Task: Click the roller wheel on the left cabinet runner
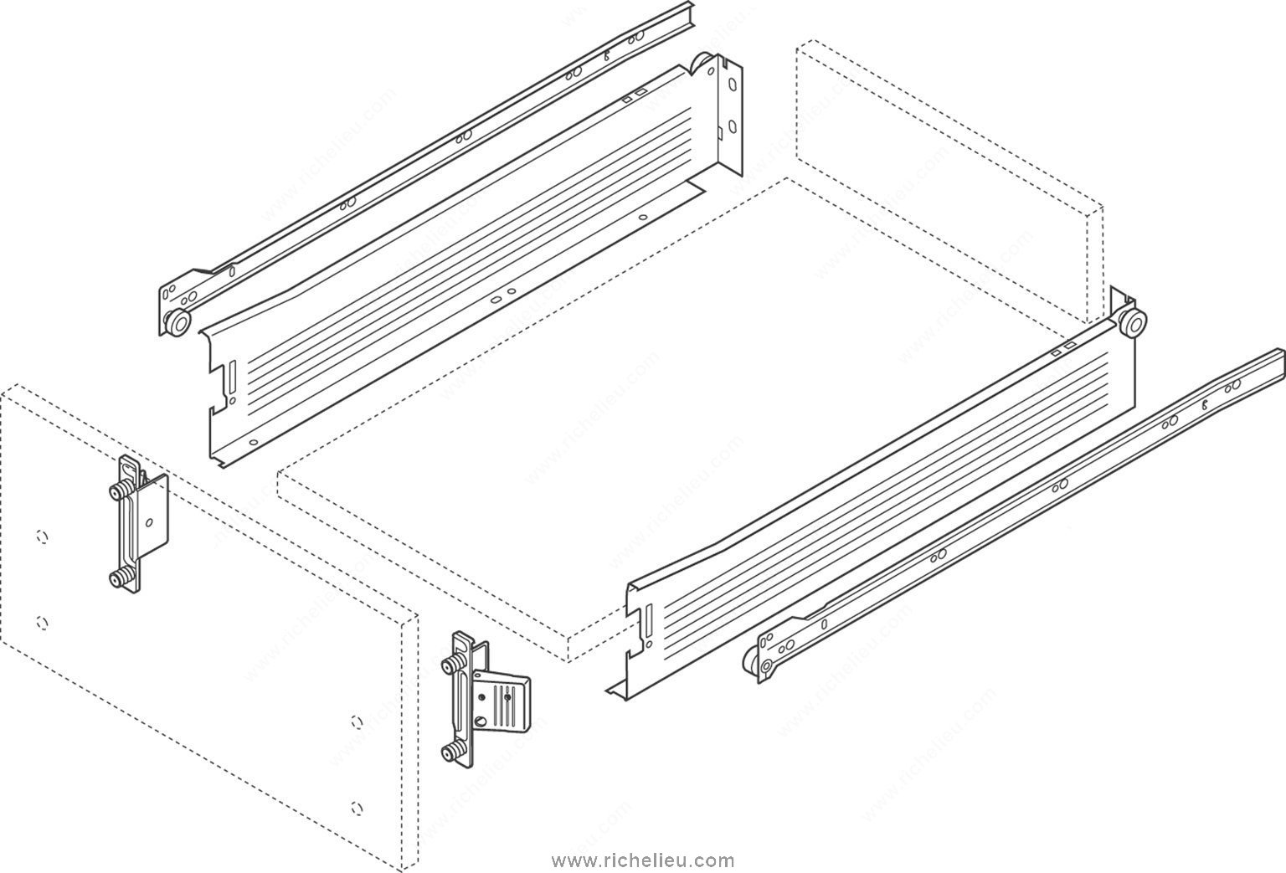(x=177, y=322)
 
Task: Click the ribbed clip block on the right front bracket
(x=501, y=702)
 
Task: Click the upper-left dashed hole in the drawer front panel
(x=41, y=537)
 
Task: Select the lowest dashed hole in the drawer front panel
(x=358, y=808)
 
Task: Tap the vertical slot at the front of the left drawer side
(x=233, y=377)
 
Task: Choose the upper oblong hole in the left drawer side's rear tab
(x=732, y=84)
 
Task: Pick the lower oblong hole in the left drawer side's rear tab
(x=732, y=126)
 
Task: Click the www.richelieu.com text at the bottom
(x=643, y=861)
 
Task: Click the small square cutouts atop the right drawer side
(x=1062, y=350)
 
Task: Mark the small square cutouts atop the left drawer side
(x=635, y=94)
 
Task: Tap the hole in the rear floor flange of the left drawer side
(x=642, y=218)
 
